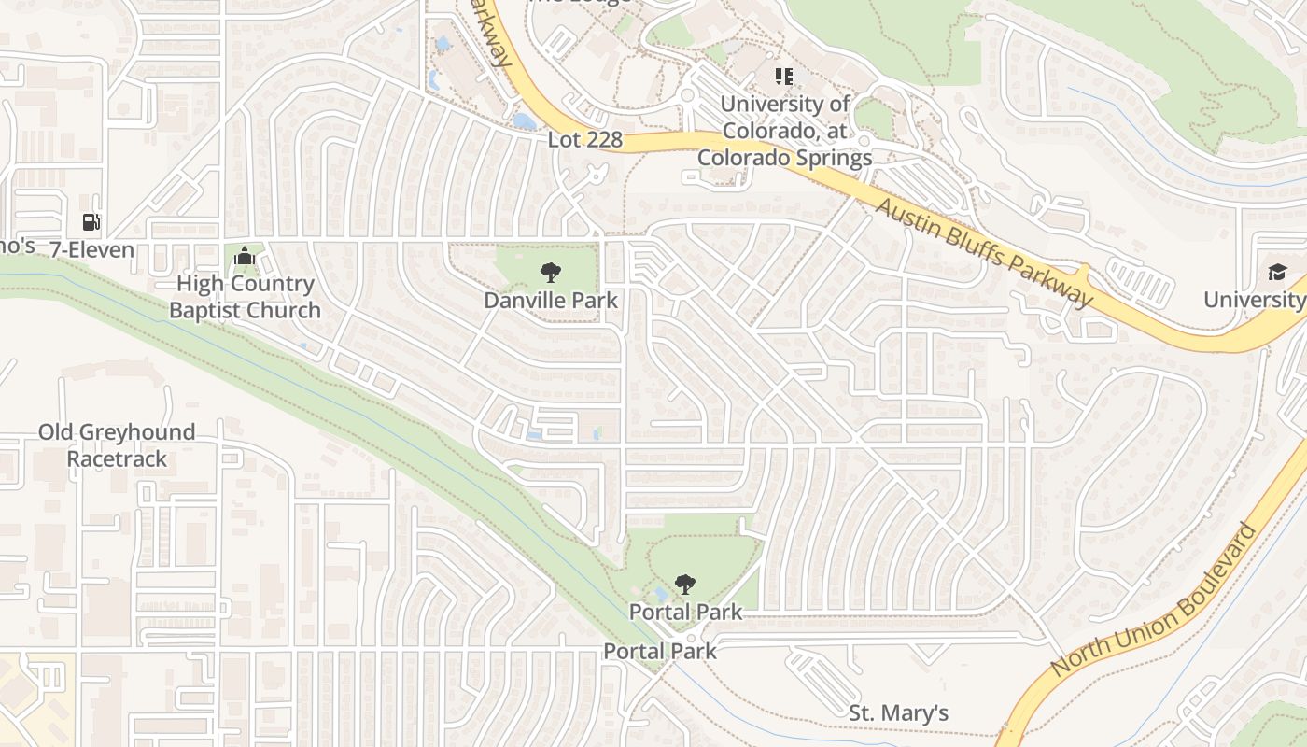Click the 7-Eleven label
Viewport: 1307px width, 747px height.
coord(91,249)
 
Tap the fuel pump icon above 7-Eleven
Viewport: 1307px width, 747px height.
coord(91,222)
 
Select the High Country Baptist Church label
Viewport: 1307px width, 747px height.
coord(245,297)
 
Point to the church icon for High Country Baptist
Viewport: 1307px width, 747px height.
coord(245,255)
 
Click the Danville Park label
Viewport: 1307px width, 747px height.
coord(551,300)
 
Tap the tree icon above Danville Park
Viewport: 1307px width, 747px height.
coord(551,273)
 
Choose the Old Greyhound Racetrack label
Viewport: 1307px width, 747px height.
coord(117,445)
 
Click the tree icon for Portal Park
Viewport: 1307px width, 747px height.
coord(685,585)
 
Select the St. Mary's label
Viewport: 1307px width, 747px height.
coord(898,713)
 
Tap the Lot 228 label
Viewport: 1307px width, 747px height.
coord(584,139)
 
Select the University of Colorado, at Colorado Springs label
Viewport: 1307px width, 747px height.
coord(785,131)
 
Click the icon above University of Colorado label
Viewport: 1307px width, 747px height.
coord(784,75)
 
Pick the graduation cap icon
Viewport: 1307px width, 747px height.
coord(1276,272)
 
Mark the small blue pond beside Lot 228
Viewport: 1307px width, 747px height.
coord(525,121)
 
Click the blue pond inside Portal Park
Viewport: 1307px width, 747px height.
coord(661,594)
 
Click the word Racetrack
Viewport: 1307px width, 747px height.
coord(117,458)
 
